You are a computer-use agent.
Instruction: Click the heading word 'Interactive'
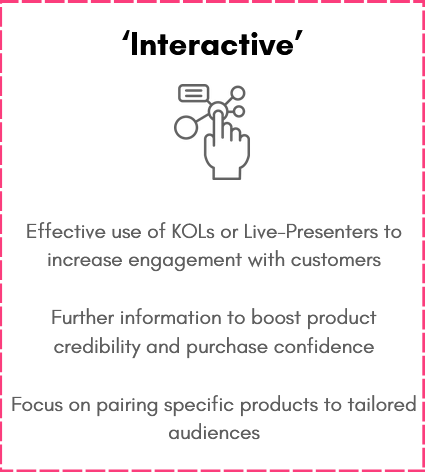(212, 44)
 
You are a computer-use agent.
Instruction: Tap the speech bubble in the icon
(194, 93)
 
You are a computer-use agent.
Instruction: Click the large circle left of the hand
(186, 127)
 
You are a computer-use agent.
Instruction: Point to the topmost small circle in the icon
(238, 93)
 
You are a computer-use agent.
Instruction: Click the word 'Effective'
(66, 231)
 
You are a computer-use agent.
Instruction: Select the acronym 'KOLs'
(193, 231)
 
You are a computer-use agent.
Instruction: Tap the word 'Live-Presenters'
(311, 231)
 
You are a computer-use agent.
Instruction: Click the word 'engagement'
(185, 260)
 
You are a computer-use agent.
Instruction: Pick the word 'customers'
(336, 260)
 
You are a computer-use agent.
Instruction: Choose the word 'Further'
(83, 317)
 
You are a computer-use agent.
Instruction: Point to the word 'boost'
(276, 317)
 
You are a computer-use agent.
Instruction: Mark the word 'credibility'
(97, 347)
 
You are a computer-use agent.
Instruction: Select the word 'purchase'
(227, 348)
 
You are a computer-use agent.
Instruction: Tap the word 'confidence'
(324, 346)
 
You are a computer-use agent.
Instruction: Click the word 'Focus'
(37, 405)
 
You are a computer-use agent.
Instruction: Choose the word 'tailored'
(382, 404)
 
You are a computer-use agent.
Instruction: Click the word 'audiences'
(214, 433)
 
